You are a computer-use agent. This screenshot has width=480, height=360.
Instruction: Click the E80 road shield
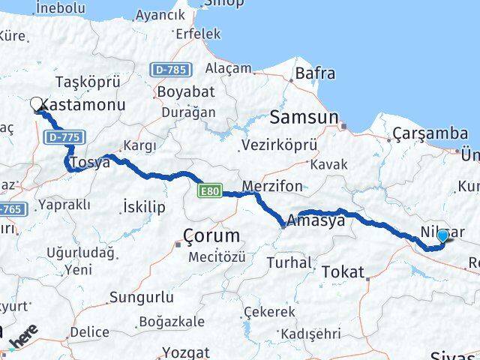point(209,193)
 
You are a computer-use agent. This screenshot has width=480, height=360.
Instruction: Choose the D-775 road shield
point(63,138)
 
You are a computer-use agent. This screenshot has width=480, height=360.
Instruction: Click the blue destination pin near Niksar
point(442,236)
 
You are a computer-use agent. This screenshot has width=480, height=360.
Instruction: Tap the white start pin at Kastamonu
point(37,106)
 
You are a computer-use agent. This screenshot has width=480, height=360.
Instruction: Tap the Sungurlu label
point(141,297)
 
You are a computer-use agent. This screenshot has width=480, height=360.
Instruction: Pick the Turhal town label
point(289,262)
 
